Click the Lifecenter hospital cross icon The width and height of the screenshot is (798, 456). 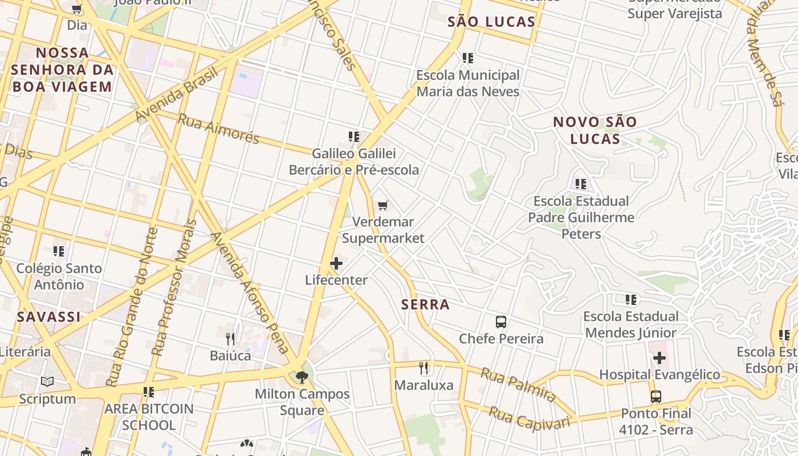click(336, 263)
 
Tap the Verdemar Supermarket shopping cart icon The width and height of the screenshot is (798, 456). click(383, 205)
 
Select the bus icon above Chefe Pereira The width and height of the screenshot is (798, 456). click(501, 322)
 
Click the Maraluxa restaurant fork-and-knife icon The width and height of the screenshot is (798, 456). click(424, 368)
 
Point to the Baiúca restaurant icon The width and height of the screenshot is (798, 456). click(230, 339)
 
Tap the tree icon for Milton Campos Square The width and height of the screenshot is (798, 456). click(302, 377)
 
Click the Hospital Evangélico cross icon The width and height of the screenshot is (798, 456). click(659, 358)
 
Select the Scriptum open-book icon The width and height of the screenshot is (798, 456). click(47, 382)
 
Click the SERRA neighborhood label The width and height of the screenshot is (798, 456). click(425, 304)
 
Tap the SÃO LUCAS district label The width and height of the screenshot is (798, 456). click(491, 22)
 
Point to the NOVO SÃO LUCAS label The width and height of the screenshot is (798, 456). click(595, 130)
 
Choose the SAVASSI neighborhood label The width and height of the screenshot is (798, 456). click(49, 317)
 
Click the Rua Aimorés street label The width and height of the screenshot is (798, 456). click(218, 129)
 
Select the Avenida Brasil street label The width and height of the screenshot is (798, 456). click(177, 94)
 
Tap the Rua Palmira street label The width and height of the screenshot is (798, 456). click(518, 384)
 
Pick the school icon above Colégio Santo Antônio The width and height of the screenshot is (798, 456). click(59, 251)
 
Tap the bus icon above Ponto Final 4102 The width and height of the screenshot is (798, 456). click(656, 397)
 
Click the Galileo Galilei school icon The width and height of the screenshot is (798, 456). click(354, 137)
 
